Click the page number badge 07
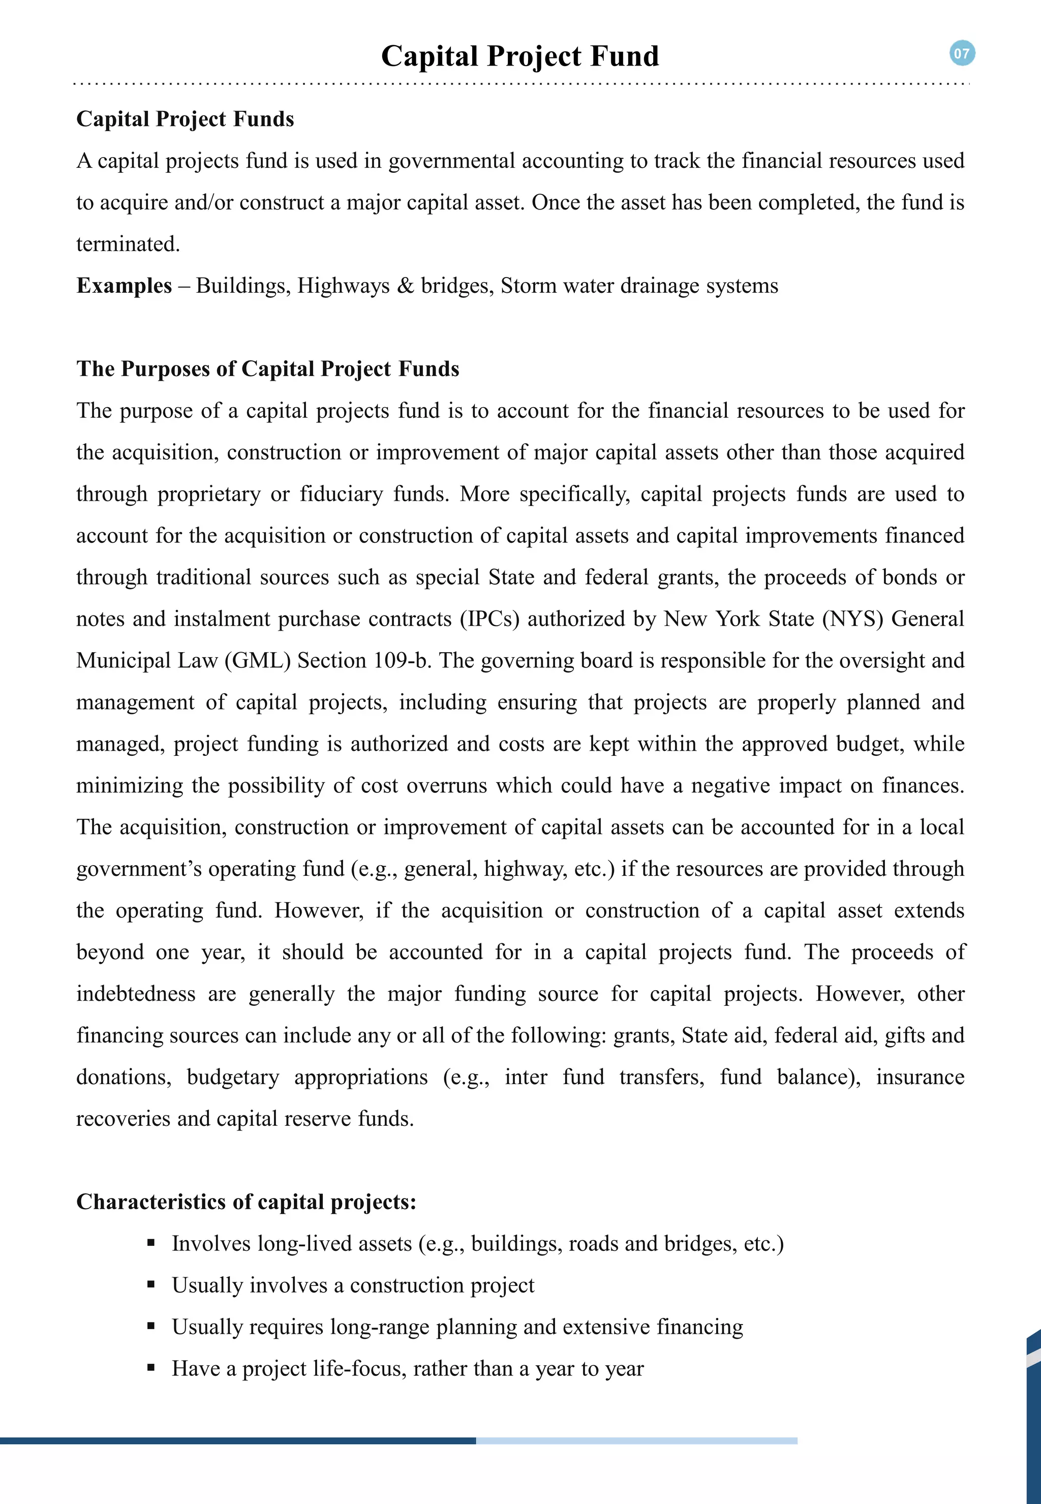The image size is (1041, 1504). pos(962,53)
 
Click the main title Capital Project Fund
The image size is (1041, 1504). pos(520,56)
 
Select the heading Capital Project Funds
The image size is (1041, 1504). pos(185,119)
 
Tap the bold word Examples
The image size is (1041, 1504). pos(124,286)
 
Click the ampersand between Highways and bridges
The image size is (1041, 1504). pos(405,286)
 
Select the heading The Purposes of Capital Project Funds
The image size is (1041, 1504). pos(267,369)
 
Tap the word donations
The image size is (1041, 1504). pos(124,1077)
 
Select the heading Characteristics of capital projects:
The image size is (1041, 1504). pos(246,1202)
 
